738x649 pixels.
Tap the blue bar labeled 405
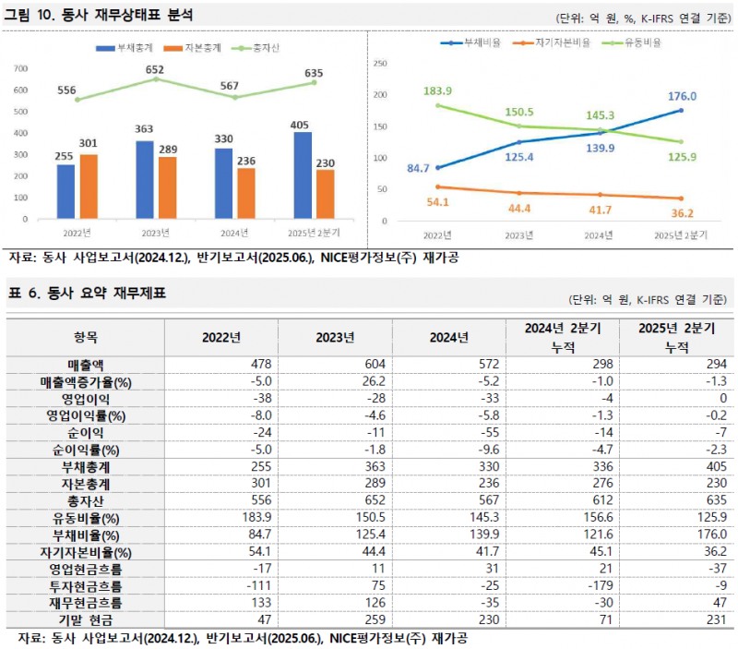[x=302, y=176]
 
